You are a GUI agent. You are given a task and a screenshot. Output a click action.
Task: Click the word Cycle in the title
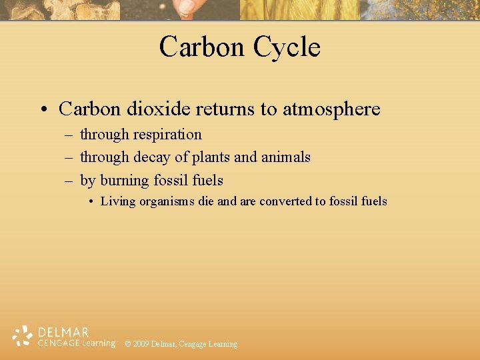click(x=287, y=47)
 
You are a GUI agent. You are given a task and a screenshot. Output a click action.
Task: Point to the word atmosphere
click(x=331, y=109)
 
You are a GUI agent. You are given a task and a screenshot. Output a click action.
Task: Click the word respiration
click(x=167, y=135)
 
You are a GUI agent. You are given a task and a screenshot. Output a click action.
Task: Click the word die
click(x=206, y=201)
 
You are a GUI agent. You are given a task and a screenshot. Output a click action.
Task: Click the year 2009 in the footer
click(x=141, y=344)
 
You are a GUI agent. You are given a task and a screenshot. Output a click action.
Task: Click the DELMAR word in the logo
click(x=63, y=331)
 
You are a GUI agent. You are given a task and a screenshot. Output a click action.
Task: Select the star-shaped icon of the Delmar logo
click(x=23, y=336)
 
